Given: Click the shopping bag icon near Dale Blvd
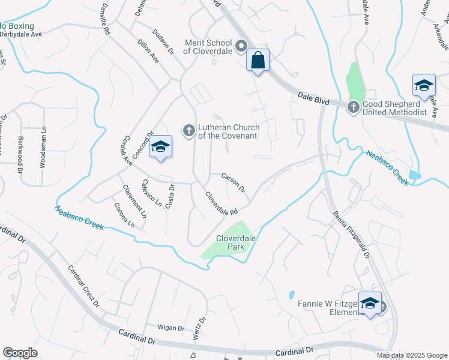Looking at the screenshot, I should point(258,61).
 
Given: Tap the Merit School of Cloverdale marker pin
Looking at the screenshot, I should point(241,46).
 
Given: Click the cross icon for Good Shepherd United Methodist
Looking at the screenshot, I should point(353,107).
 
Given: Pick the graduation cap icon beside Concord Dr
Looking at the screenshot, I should point(160,147).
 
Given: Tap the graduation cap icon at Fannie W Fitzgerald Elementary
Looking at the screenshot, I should point(370,303).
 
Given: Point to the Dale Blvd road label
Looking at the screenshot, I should point(313,98).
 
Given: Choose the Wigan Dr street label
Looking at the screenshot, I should point(170,328).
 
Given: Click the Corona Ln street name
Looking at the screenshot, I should point(124,215).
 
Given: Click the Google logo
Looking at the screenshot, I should point(20,353).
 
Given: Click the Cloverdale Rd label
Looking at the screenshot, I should point(221,204).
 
